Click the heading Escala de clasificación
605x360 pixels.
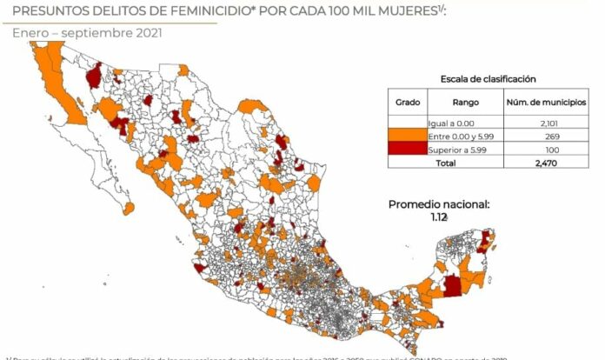pyautogui.click(x=488, y=78)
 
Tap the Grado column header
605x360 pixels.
pyautogui.click(x=408, y=103)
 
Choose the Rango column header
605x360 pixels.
pyautogui.click(x=465, y=103)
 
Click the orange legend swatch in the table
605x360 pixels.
pyautogui.click(x=408, y=137)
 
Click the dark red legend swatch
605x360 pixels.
pyautogui.click(x=408, y=150)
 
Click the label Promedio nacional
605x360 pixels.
pyautogui.click(x=438, y=204)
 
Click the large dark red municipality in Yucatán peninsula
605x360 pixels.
pyautogui.click(x=454, y=286)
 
